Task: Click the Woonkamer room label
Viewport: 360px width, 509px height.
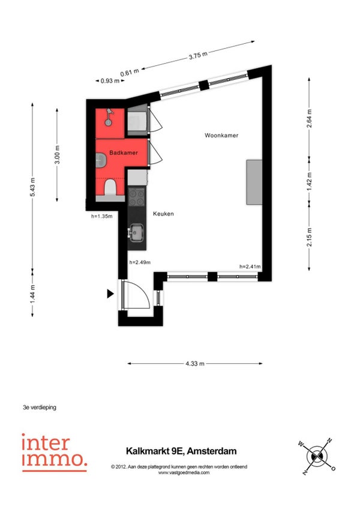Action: (221, 136)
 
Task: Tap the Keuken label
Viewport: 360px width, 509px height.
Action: (163, 214)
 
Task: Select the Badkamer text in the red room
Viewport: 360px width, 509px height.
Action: (124, 152)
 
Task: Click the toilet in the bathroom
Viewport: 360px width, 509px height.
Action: (110, 188)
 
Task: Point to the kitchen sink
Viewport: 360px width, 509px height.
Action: (136, 232)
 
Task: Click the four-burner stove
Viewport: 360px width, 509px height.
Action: (137, 197)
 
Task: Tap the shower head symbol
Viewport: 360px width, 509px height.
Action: (109, 118)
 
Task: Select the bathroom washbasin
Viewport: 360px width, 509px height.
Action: (101, 160)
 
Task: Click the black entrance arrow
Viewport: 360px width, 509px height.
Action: (110, 294)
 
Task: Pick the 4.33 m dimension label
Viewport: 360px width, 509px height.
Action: (195, 364)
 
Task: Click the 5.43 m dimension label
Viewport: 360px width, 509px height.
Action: (32, 187)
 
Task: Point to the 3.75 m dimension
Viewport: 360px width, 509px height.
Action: (198, 55)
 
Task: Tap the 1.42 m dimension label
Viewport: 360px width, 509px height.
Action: (309, 181)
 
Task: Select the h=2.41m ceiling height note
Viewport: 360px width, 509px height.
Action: (250, 267)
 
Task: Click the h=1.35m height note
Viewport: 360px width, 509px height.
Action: (102, 216)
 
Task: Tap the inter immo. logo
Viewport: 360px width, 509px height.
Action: (54, 453)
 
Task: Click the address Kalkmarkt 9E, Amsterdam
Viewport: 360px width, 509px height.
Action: (181, 451)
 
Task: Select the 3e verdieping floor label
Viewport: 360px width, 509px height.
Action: (40, 407)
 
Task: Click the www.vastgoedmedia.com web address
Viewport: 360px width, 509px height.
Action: (184, 472)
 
